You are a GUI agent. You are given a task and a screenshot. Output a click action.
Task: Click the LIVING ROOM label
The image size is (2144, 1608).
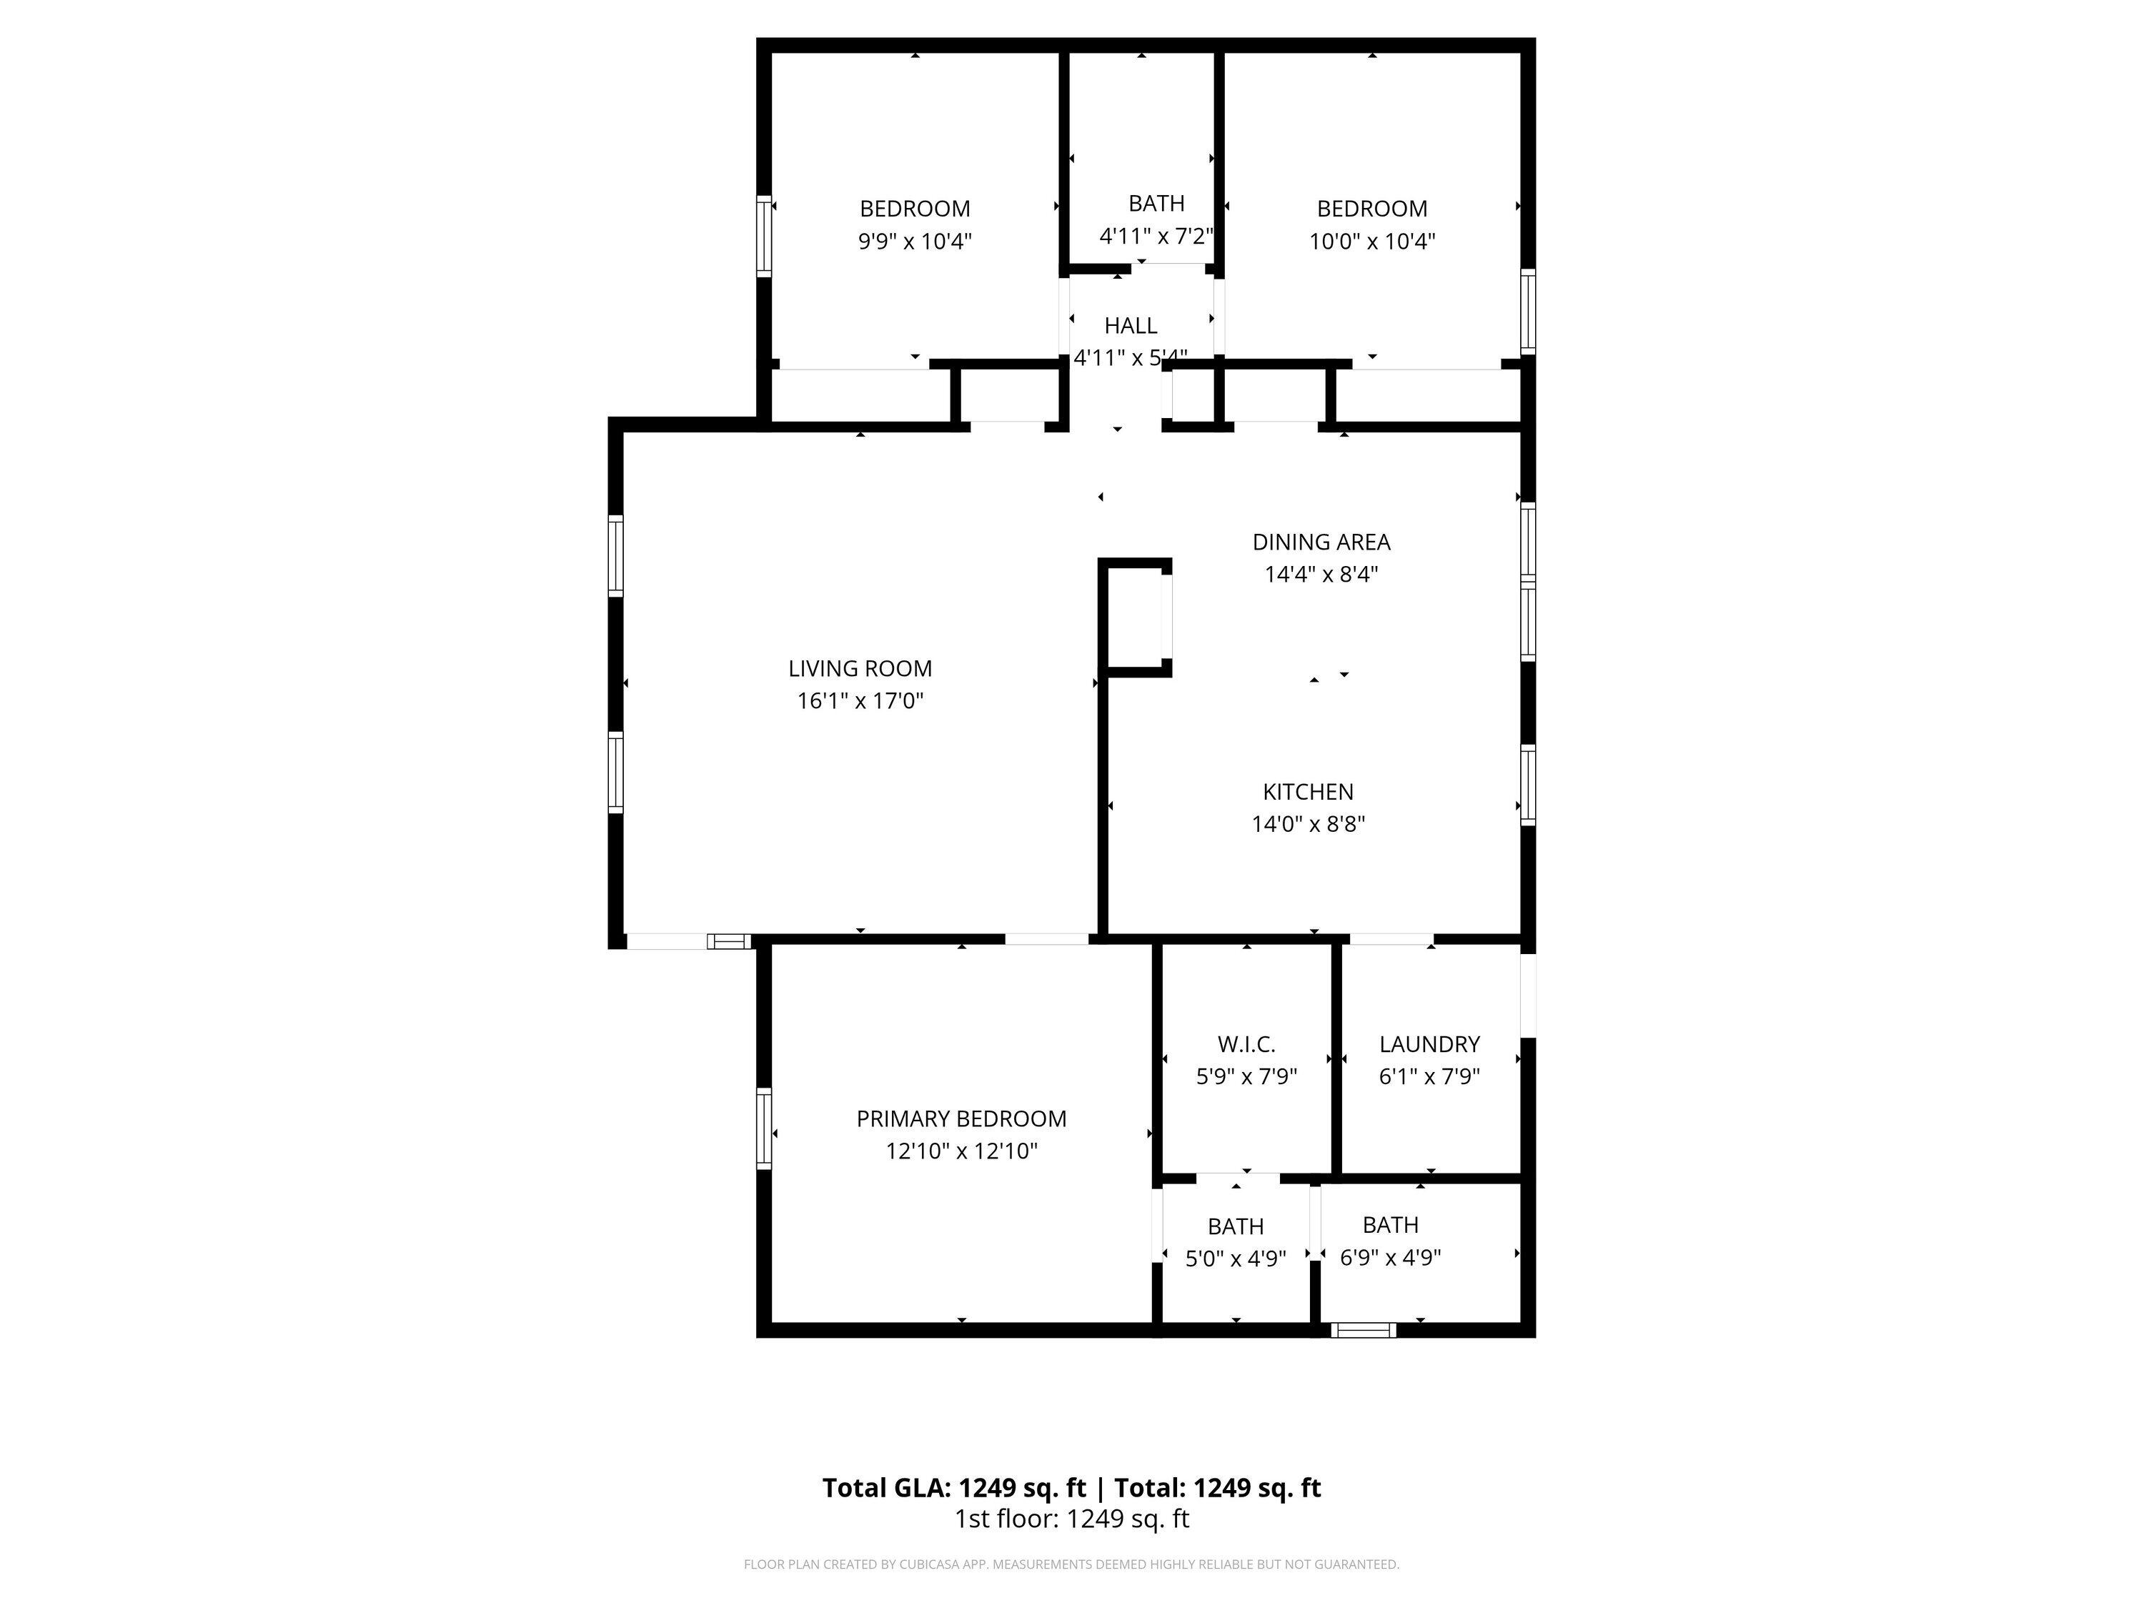click(x=860, y=669)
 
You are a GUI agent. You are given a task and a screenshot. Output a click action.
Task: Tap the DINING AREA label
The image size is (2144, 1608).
click(x=1321, y=542)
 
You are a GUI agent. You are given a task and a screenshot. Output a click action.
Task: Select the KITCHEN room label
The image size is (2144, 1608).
click(x=1308, y=792)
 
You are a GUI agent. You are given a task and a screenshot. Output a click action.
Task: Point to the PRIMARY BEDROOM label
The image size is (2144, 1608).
click(x=961, y=1119)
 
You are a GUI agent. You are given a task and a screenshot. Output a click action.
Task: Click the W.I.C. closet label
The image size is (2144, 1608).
click(x=1246, y=1045)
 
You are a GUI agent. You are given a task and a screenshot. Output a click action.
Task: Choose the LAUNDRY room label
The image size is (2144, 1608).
click(x=1429, y=1045)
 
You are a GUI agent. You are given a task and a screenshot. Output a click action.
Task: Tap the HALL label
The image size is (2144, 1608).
click(x=1130, y=326)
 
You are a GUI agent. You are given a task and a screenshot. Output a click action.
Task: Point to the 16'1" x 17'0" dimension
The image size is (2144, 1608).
click(x=860, y=701)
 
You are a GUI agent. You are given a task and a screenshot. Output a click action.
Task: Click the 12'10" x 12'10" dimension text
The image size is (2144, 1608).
click(x=961, y=1151)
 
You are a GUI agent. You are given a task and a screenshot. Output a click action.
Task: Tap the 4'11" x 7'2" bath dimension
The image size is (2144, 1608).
click(x=1156, y=237)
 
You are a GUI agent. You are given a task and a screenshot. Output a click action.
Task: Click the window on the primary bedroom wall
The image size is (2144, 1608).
click(x=764, y=1128)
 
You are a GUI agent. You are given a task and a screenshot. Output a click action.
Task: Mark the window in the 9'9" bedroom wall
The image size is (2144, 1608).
click(x=764, y=237)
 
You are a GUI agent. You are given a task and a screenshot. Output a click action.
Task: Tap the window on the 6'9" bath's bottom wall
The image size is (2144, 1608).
click(x=1364, y=1330)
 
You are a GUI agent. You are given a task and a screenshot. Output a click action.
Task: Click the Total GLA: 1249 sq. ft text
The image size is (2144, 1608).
click(x=954, y=1488)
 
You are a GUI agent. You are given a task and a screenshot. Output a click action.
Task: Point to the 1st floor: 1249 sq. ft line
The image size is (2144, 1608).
click(x=1072, y=1519)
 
